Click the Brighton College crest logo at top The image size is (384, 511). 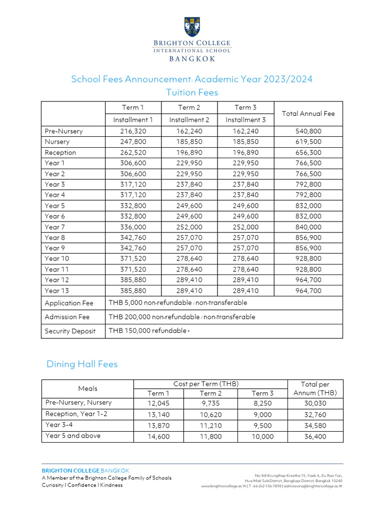click(x=192, y=28)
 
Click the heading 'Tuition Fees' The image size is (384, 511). click(x=192, y=92)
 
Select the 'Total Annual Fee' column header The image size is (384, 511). click(x=308, y=113)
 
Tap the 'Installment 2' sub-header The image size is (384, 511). click(x=189, y=120)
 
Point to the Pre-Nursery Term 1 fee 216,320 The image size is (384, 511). click(x=133, y=131)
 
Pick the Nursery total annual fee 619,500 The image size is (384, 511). click(x=308, y=142)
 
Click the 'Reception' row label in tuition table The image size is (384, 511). click(x=60, y=153)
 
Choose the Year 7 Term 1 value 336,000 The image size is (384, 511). click(x=133, y=227)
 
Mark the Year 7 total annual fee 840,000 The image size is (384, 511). click(x=308, y=227)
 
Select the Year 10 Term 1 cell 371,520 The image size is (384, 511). click(x=133, y=258)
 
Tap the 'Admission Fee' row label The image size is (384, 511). click(x=67, y=317)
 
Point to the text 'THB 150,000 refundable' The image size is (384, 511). click(x=147, y=331)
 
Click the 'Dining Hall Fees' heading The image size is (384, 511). click(x=82, y=364)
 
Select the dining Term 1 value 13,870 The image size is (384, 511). click(x=158, y=425)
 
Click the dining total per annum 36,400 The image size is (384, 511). click(x=315, y=436)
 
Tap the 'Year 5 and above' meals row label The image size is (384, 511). click(x=73, y=436)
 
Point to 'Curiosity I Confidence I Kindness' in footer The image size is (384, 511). click(x=82, y=485)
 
